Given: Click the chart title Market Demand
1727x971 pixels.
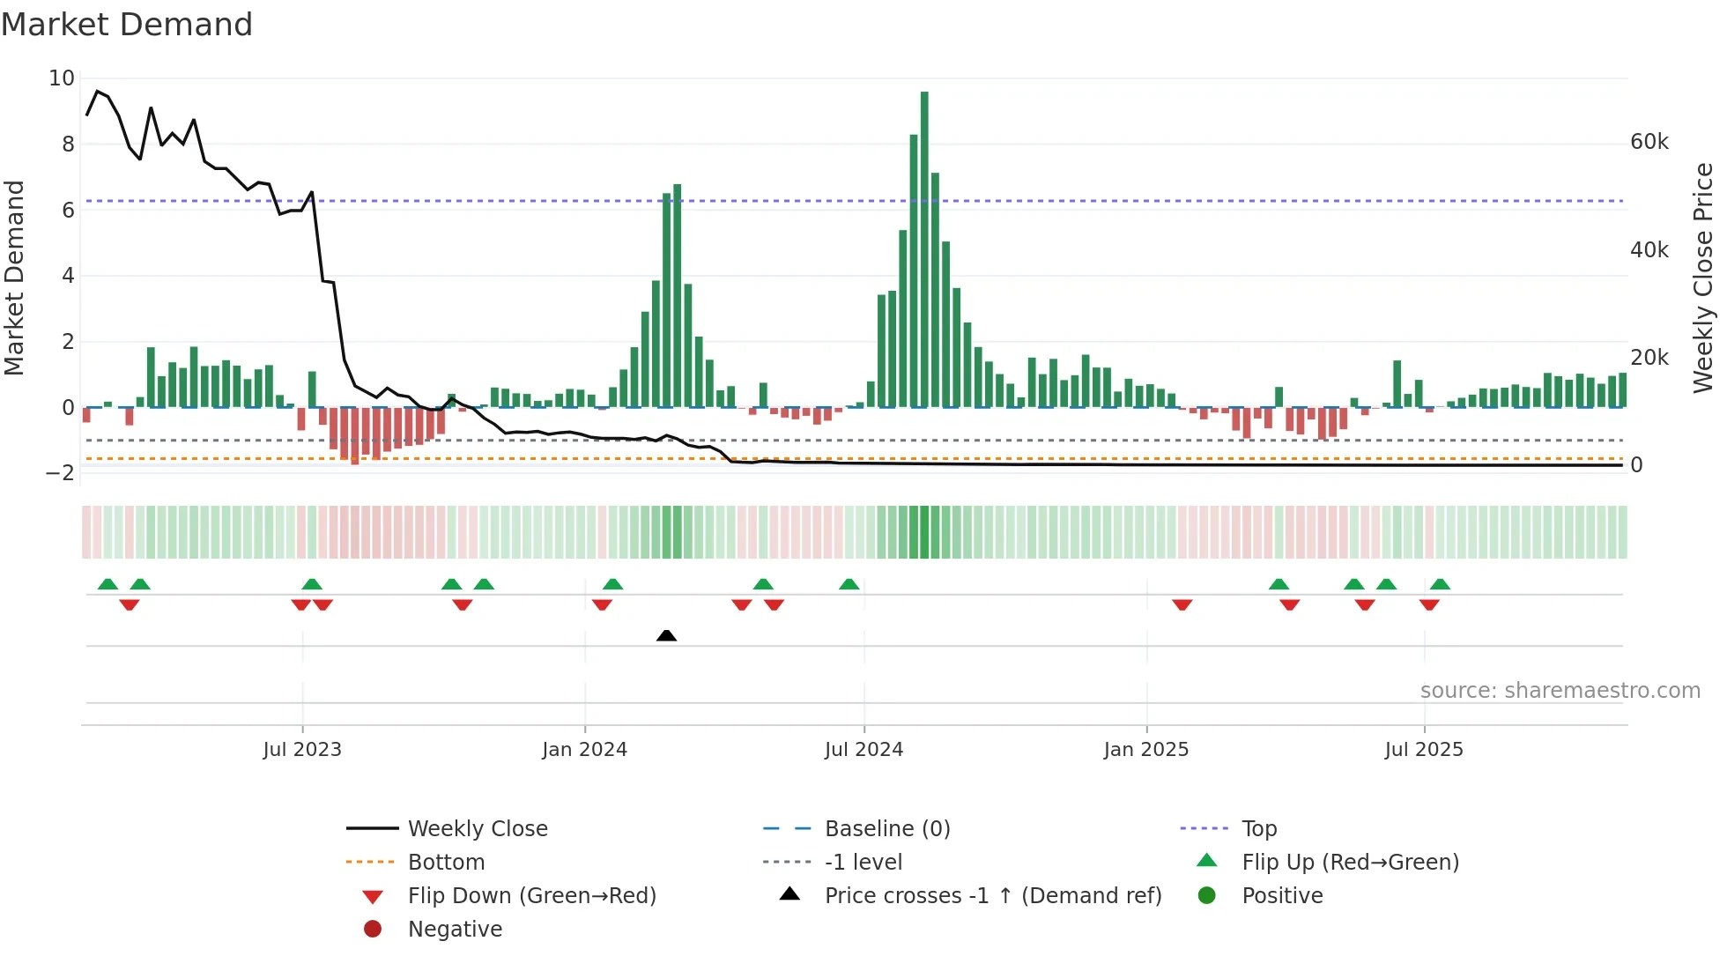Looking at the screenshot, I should (x=127, y=25).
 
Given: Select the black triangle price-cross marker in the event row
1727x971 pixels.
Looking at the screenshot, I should (x=667, y=635).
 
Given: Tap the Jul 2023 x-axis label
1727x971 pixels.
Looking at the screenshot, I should (x=302, y=750).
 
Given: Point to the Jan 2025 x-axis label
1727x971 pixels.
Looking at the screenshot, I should (x=1145, y=750).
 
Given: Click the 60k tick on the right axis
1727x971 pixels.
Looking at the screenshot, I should (x=1649, y=142).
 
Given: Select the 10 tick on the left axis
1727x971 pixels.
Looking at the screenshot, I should (x=62, y=78).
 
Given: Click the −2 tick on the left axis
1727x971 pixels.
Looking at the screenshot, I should (x=60, y=473).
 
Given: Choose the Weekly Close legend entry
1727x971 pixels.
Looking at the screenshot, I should (x=477, y=829).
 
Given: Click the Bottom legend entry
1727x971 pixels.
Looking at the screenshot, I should (x=446, y=863).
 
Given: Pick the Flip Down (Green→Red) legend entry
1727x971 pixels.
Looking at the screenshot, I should (x=531, y=896).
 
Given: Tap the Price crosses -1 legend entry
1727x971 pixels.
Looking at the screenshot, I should (x=992, y=896).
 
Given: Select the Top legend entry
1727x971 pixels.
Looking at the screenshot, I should (x=1258, y=829).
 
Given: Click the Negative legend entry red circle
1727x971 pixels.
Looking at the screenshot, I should (x=373, y=930).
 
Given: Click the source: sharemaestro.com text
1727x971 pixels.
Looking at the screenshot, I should (x=1560, y=691).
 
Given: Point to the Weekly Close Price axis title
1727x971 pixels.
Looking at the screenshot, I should (x=1704, y=278).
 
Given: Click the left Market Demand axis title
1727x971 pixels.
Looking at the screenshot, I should (x=14, y=278).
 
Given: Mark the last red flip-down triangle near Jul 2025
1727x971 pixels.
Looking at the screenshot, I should (x=1429, y=604).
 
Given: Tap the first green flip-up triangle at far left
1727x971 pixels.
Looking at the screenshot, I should (x=107, y=584).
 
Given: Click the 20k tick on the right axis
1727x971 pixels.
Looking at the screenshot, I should (x=1649, y=358).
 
